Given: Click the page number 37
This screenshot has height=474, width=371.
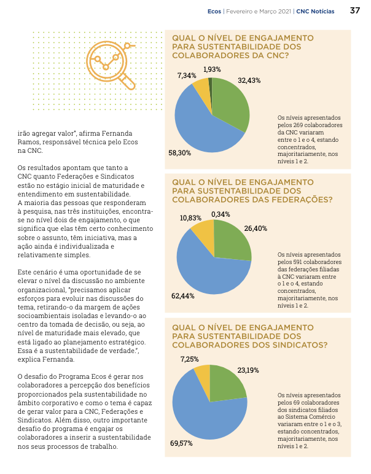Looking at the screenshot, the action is (355, 10).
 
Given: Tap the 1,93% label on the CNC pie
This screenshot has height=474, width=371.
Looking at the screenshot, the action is (212, 69).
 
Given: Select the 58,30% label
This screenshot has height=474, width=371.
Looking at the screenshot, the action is (179, 153).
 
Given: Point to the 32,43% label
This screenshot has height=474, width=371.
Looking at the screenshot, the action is (249, 80).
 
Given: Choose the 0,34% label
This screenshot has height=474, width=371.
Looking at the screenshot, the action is (221, 214).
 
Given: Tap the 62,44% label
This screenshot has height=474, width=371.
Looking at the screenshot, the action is (182, 296).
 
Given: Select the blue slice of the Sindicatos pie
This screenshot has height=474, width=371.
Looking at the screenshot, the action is (206, 417).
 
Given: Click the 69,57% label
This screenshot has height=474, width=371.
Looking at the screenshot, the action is (181, 443).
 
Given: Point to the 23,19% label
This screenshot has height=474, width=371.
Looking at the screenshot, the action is (248, 370).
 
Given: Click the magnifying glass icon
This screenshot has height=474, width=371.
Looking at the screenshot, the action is (111, 65).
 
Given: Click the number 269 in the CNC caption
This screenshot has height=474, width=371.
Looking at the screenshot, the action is (298, 125).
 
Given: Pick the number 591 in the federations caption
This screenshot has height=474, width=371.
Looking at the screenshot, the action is (298, 262).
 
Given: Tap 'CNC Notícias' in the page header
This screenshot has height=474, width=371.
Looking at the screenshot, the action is (315, 12).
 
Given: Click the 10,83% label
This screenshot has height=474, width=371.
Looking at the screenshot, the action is (190, 218).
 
